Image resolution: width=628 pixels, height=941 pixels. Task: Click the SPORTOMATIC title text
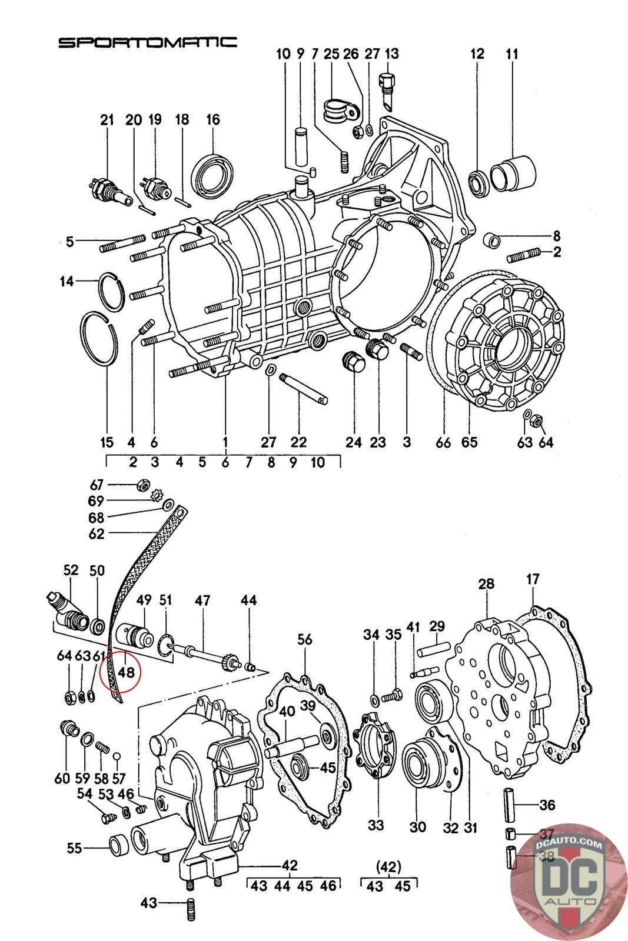(x=148, y=42)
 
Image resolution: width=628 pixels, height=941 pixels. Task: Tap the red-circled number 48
(x=126, y=672)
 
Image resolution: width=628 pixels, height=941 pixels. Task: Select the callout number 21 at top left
(x=106, y=120)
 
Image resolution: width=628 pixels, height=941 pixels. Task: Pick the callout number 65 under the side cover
(x=469, y=442)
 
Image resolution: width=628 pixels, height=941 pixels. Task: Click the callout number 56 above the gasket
(x=304, y=639)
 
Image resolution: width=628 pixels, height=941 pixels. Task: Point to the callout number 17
(x=533, y=579)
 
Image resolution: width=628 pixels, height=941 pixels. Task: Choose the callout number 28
(x=486, y=585)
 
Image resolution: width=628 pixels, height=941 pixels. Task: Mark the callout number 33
(x=376, y=825)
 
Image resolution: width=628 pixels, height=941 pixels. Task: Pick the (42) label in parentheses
(x=388, y=866)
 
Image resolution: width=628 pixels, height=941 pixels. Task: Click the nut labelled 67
(x=142, y=485)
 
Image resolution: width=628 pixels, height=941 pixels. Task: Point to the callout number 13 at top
(x=391, y=54)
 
